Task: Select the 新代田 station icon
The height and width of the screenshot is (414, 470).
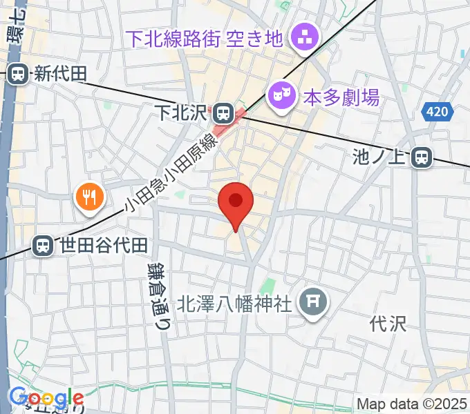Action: coord(19,72)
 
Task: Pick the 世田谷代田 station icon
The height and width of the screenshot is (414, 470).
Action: coord(44,244)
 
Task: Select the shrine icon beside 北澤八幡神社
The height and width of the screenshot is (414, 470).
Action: coord(314,302)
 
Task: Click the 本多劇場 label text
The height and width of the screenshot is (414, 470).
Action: coord(342,97)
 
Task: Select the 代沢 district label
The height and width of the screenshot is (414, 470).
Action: coord(386,322)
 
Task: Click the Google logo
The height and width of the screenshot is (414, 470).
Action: coord(46,398)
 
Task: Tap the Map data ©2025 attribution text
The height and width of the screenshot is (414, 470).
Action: coord(412,404)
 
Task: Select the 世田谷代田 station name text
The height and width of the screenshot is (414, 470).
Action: coord(104,245)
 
